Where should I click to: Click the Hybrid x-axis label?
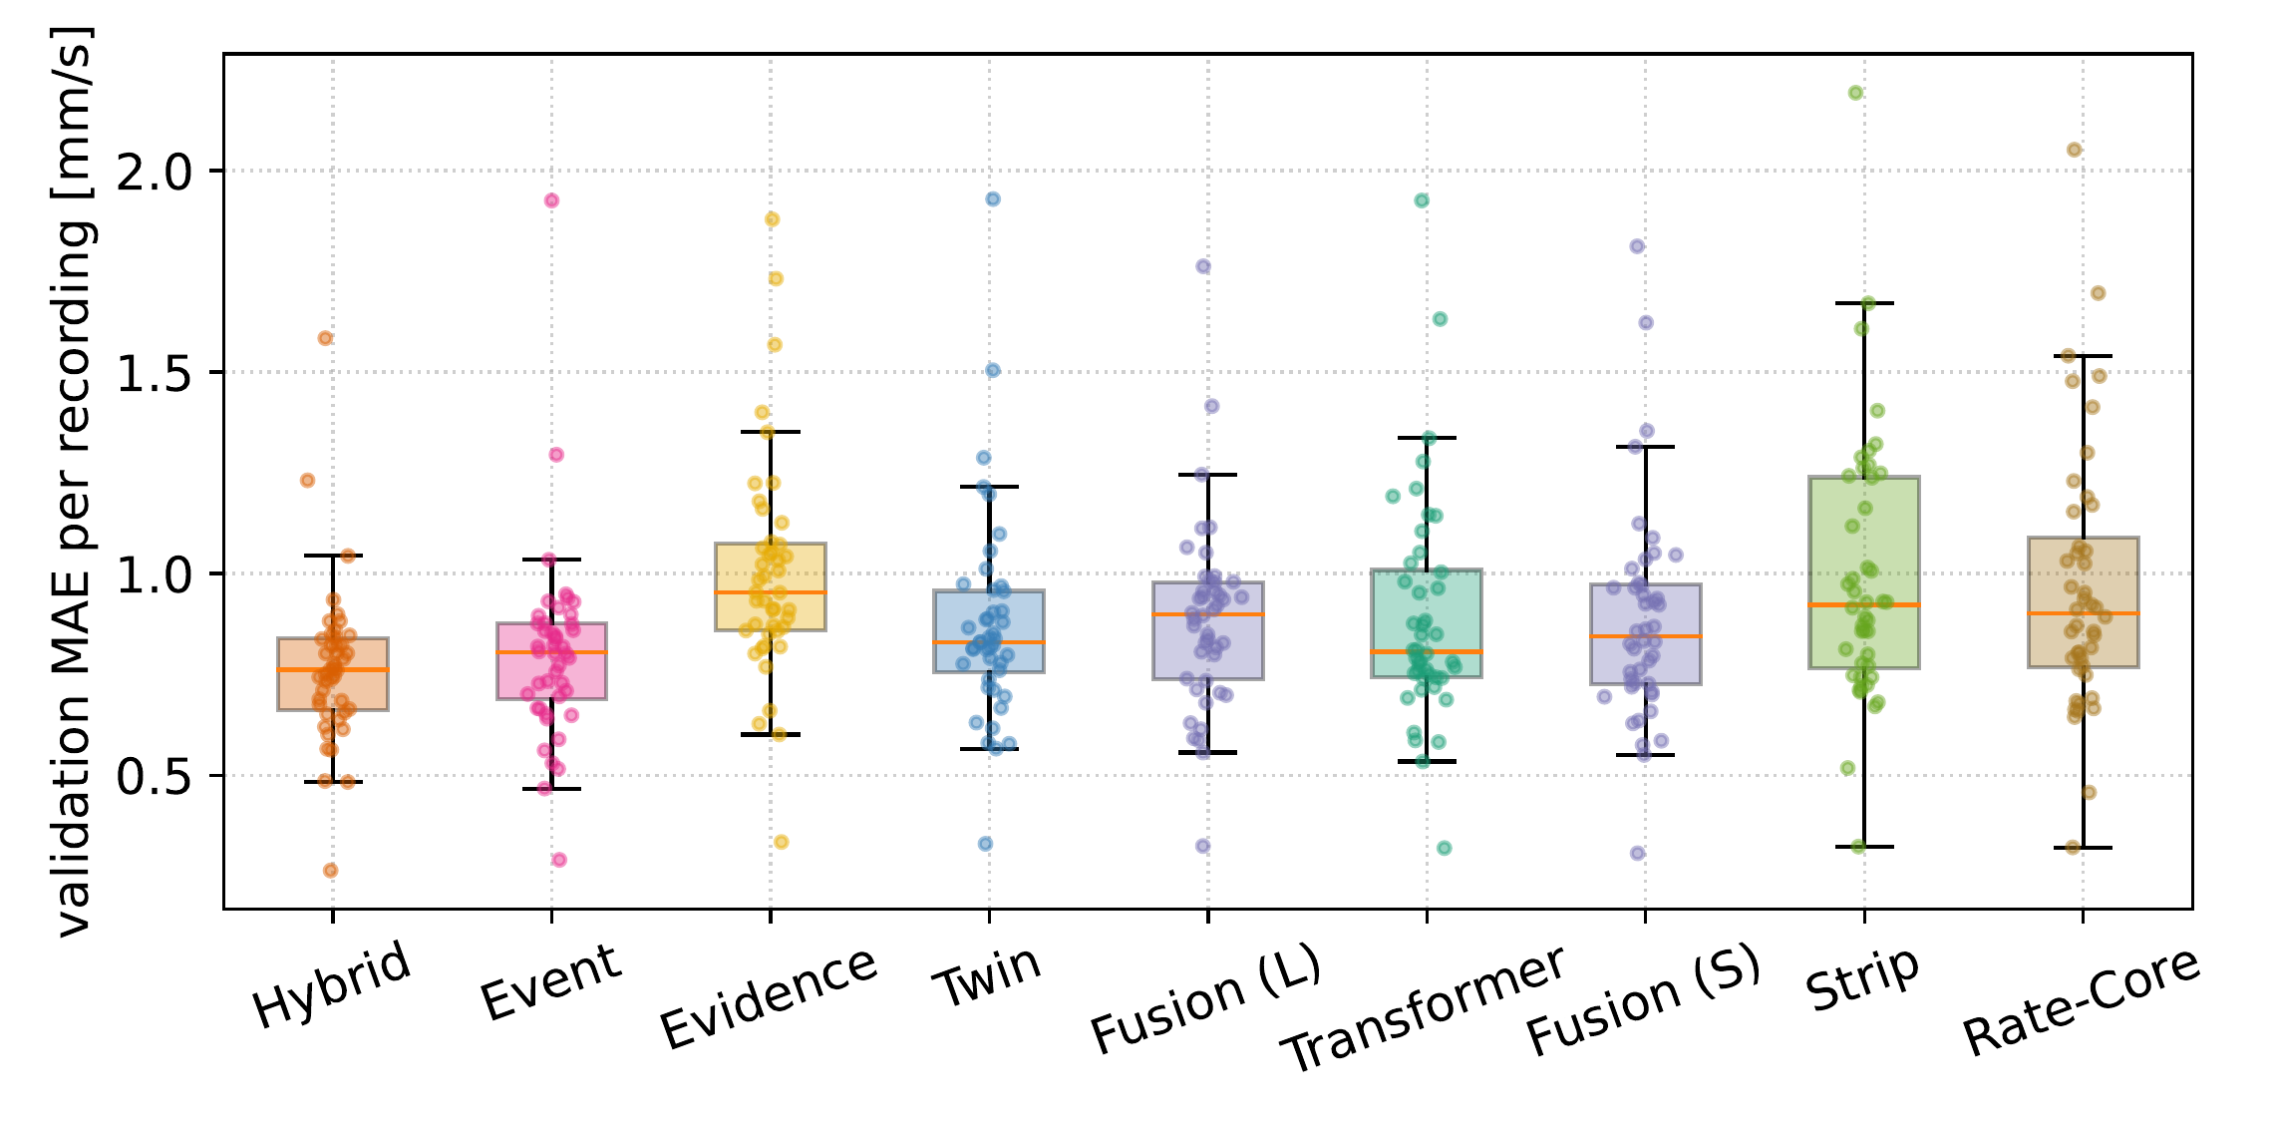point(332,983)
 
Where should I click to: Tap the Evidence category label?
point(769,997)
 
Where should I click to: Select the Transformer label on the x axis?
point(1424,1007)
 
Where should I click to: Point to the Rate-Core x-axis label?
point(2082,1000)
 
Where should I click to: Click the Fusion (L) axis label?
point(1206,997)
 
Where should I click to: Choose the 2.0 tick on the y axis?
point(156,172)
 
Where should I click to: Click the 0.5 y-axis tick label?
point(156,776)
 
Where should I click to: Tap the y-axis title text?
point(72,481)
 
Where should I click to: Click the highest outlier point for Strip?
point(1856,93)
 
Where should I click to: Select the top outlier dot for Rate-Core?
point(2074,150)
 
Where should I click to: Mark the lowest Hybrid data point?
point(331,871)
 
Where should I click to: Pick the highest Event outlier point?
point(551,200)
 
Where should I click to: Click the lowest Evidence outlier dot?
point(782,842)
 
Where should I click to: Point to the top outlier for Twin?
point(993,199)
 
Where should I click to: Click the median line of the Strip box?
point(1864,604)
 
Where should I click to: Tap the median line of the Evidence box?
point(770,592)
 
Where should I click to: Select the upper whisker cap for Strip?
point(1864,303)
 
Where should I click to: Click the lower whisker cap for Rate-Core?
point(2083,848)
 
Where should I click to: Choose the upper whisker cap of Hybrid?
point(333,556)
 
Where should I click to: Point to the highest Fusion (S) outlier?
point(1637,246)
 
